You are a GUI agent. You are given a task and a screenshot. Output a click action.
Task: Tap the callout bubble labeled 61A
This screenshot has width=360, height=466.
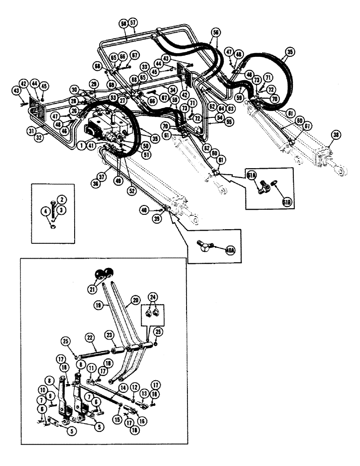click(251, 175)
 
